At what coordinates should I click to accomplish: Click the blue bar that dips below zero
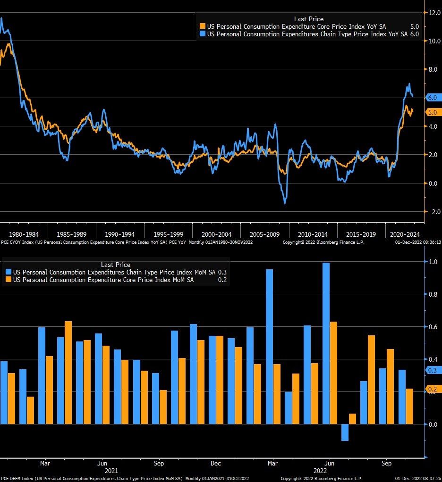pyautogui.click(x=345, y=432)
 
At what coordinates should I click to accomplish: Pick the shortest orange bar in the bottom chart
pyautogui.click(x=352, y=419)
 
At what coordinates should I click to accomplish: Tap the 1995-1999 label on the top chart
pyautogui.click(x=168, y=234)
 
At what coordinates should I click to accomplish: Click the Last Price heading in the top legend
pyautogui.click(x=308, y=19)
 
